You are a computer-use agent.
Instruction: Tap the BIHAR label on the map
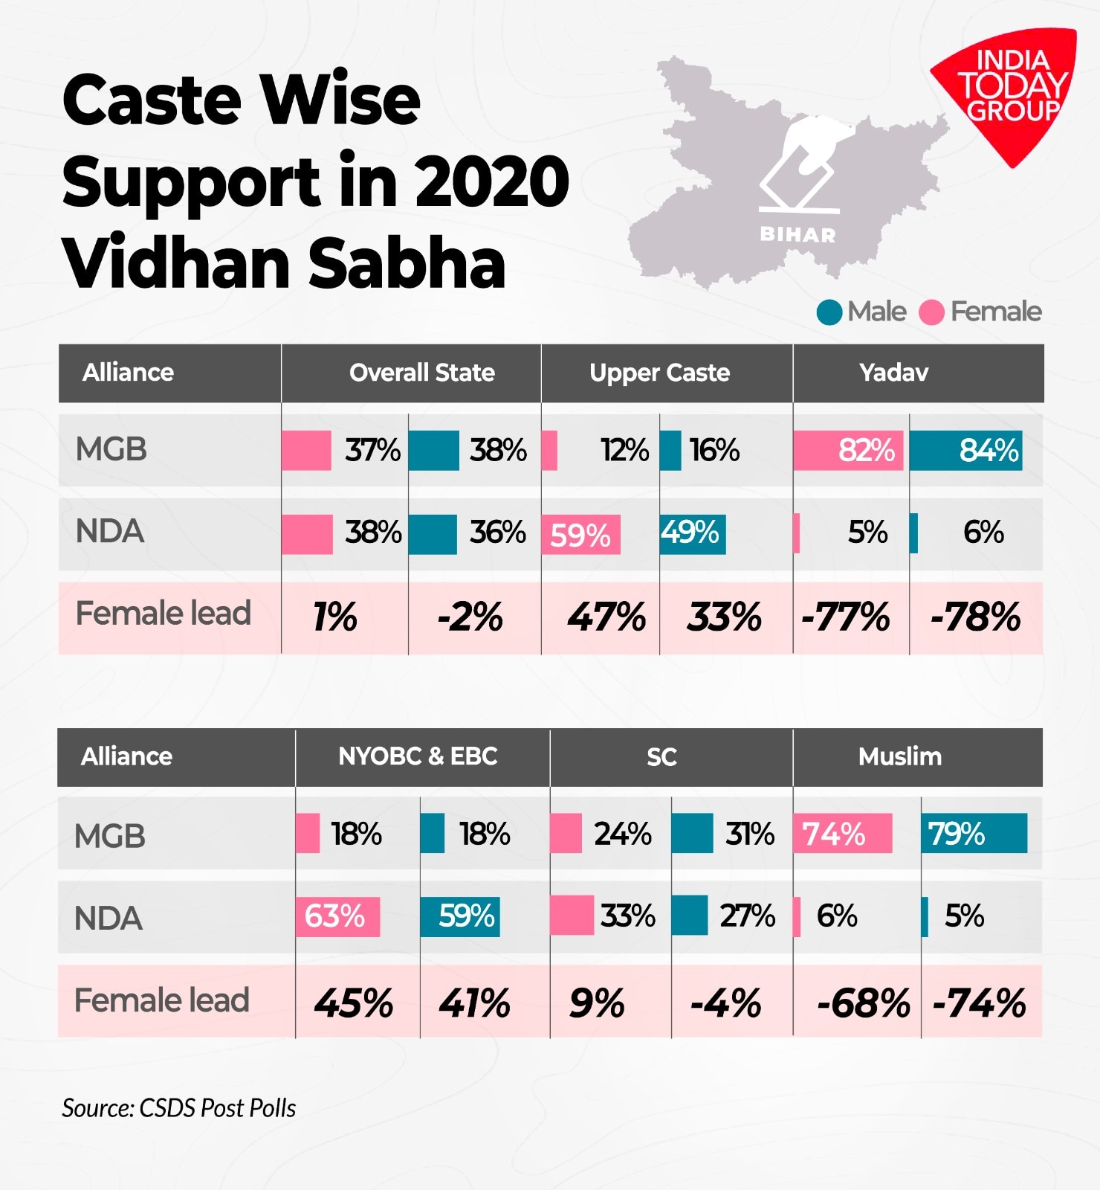pos(797,235)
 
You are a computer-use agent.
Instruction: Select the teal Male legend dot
pos(829,312)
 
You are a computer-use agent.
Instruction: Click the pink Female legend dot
pos(931,312)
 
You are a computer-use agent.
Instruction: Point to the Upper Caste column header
pos(659,373)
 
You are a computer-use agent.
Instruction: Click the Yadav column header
pos(893,373)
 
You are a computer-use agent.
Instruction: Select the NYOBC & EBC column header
pos(418,756)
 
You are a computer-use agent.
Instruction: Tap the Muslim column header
pos(899,756)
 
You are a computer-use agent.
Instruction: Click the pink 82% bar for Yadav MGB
pos(848,450)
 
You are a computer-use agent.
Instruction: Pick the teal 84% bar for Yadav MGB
pos(965,450)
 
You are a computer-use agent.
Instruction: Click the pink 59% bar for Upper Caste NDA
pos(580,535)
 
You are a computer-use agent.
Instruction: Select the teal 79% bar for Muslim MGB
pos(974,833)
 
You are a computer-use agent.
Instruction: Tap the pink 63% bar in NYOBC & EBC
pos(337,916)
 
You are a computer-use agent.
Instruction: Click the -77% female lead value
pos(845,617)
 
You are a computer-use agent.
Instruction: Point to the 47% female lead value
pos(606,617)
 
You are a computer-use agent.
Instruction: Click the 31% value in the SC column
pos(749,834)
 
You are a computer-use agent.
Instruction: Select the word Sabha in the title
pos(407,263)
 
